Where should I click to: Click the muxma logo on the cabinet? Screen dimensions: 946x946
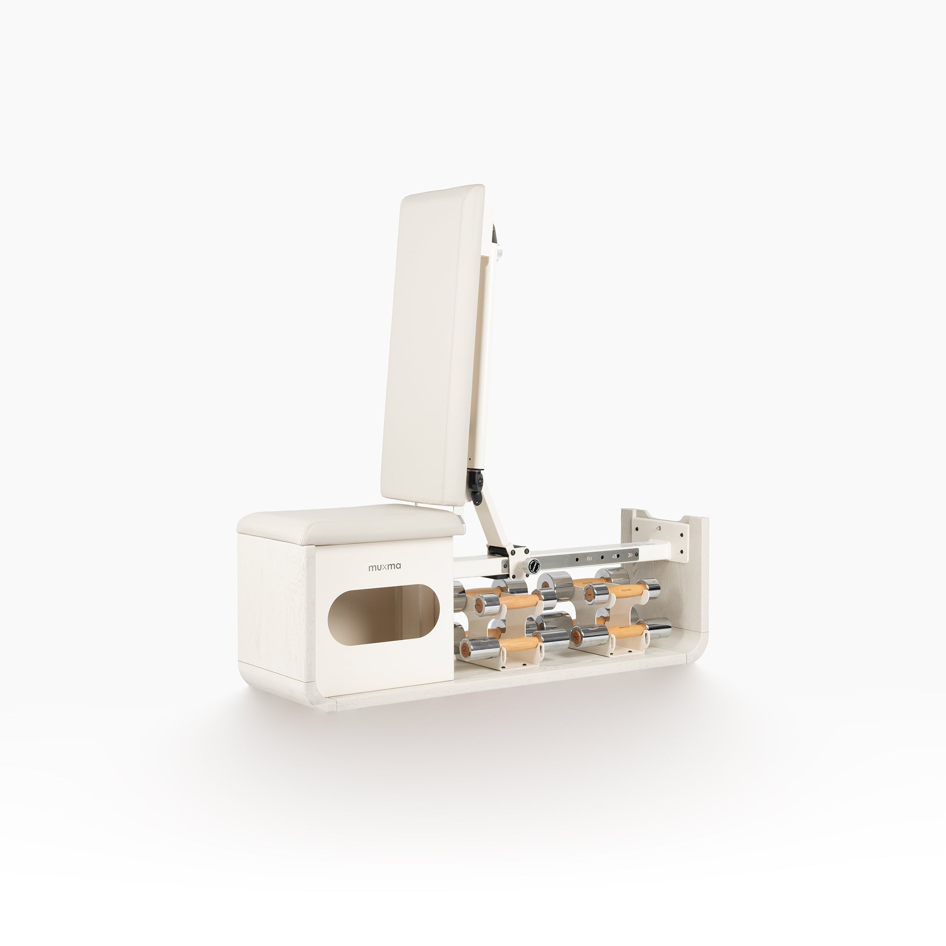click(x=385, y=567)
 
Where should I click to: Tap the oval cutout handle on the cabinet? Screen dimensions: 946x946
click(x=383, y=613)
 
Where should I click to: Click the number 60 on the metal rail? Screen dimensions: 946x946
click(x=589, y=558)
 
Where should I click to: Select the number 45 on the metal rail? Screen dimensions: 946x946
click(x=614, y=557)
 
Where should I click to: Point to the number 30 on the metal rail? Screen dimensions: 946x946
click(x=630, y=555)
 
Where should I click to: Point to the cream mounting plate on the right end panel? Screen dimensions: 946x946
click(x=661, y=539)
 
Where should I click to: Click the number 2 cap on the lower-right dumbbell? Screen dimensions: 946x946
click(x=576, y=636)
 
